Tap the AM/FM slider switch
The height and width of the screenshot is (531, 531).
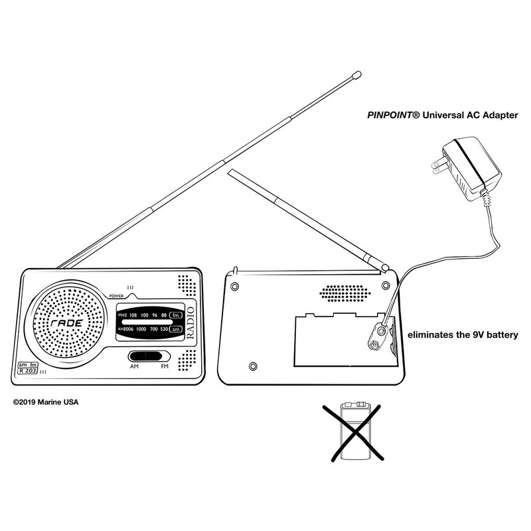point(147,356)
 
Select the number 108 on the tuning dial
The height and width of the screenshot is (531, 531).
point(134,315)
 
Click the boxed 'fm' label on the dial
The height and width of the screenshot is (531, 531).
point(176,315)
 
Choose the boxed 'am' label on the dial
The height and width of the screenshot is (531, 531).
point(176,329)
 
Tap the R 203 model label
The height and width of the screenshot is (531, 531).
point(27,372)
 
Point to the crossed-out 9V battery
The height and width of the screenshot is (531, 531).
point(356,431)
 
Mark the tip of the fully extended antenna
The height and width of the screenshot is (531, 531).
point(356,75)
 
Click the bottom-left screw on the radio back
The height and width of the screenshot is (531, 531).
point(252,366)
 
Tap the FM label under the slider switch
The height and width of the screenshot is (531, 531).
point(163,366)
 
